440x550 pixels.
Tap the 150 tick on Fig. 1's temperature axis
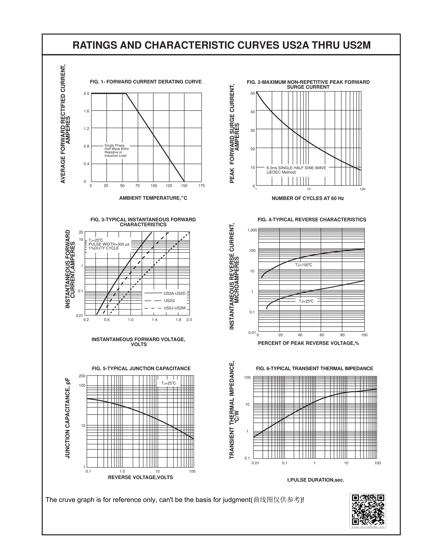[x=184, y=186]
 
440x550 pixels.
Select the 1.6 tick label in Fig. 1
[x=87, y=111]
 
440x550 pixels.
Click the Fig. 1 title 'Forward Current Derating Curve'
[x=146, y=82]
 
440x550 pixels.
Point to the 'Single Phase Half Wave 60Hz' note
[x=117, y=147]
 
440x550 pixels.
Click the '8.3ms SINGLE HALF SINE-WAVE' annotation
[x=296, y=168]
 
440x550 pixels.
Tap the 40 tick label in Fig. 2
[x=253, y=112]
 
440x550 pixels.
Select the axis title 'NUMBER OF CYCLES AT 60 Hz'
[x=308, y=198]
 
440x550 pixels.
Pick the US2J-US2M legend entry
[x=175, y=308]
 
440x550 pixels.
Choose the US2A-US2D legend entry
[x=175, y=293]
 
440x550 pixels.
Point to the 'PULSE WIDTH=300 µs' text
[x=109, y=244]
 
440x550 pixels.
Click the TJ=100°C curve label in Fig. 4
[x=304, y=265]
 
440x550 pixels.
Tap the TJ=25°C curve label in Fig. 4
[x=306, y=301]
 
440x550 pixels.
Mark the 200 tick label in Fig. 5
[x=82, y=376]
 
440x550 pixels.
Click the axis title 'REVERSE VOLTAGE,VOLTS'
[x=140, y=477]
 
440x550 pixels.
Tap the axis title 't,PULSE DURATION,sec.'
[x=316, y=480]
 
